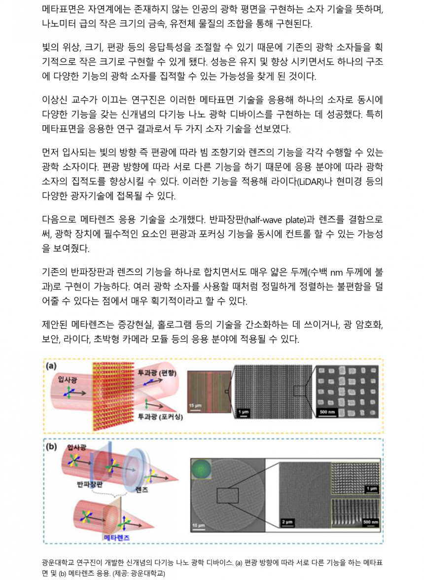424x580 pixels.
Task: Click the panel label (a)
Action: click(51, 366)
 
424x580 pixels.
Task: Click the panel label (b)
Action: click(51, 446)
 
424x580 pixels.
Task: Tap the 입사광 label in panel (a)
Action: click(67, 380)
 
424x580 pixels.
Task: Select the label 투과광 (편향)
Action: click(157, 372)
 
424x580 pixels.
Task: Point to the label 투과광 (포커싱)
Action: click(160, 417)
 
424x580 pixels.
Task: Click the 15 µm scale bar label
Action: click(195, 406)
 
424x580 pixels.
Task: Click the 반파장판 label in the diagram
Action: click(89, 484)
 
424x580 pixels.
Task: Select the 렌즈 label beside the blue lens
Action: click(141, 490)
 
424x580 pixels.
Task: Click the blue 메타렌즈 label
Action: click(116, 538)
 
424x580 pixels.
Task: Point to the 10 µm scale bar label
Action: click(198, 525)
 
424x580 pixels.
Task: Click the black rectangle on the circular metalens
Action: click(228, 496)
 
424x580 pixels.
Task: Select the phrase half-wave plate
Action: click(276, 220)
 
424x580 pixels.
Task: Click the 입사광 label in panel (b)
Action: click(76, 448)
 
